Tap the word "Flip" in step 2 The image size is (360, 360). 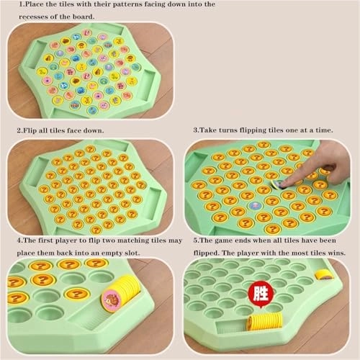34,131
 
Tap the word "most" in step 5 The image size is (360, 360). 293,253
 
